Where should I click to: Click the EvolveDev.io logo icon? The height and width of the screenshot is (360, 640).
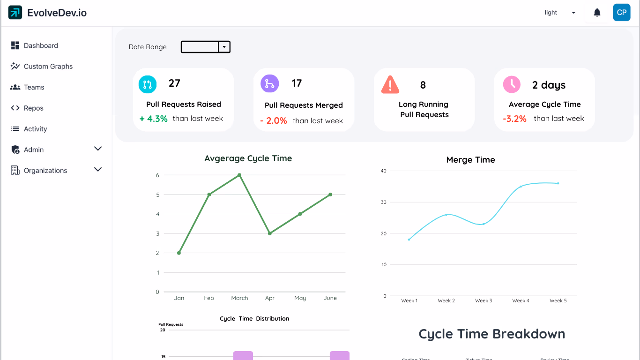tap(15, 13)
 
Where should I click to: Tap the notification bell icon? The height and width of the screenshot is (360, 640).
tap(597, 13)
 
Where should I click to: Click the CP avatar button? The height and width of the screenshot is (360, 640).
tap(622, 13)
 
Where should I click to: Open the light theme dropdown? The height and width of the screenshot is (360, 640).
tap(560, 13)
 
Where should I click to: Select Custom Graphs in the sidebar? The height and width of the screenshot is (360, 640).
tap(48, 67)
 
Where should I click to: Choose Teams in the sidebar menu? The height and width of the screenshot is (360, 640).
tap(34, 87)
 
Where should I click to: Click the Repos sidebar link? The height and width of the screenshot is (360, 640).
tap(33, 108)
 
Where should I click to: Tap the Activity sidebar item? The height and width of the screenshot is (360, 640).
tap(35, 129)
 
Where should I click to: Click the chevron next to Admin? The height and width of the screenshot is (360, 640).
tap(98, 149)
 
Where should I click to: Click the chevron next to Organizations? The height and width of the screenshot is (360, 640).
tap(98, 170)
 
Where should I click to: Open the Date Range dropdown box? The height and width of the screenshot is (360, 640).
tap(205, 47)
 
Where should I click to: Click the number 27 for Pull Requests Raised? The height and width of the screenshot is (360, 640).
tap(174, 83)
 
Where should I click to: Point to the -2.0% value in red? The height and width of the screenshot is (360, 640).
tap(274, 121)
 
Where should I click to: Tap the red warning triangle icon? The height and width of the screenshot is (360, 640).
tap(390, 85)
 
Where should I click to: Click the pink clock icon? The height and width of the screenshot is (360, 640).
tap(512, 84)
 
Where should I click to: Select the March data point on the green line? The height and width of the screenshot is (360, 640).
tap(239, 175)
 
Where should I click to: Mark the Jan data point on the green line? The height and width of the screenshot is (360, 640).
tap(179, 253)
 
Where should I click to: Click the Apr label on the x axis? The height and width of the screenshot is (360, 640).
tap(270, 298)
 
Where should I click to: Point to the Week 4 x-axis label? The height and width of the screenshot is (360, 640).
tap(521, 301)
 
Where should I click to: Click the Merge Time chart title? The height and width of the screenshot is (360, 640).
tap(470, 160)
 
